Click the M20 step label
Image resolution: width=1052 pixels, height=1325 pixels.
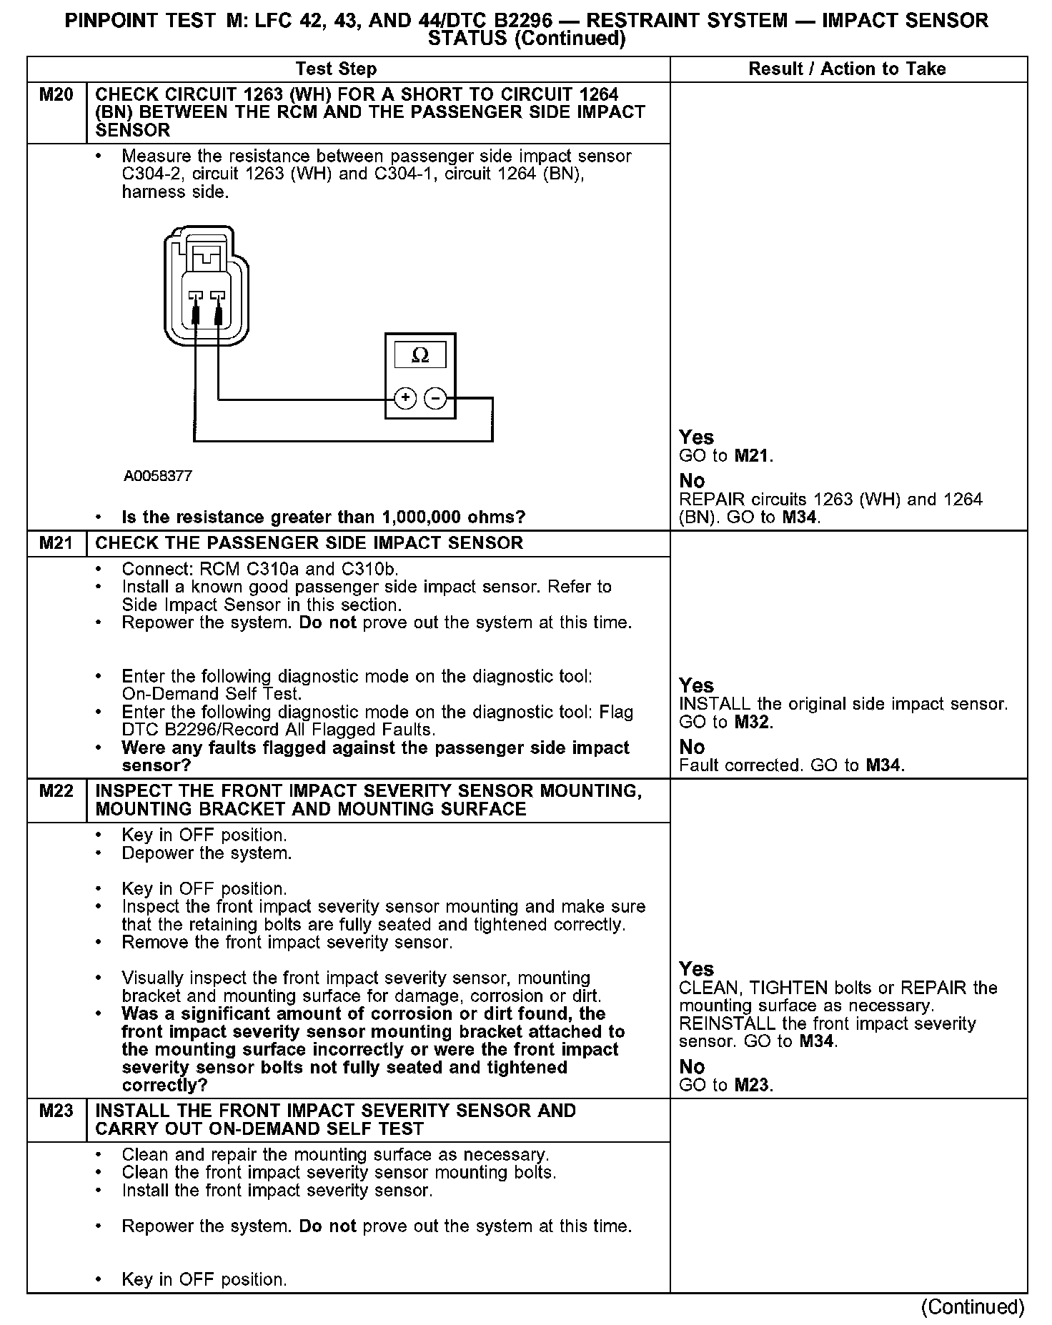pyautogui.click(x=56, y=94)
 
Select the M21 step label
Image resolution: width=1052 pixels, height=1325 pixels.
pyautogui.click(x=56, y=543)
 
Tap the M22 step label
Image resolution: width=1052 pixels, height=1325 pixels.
pyautogui.click(x=56, y=791)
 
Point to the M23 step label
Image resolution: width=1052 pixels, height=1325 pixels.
pyautogui.click(x=56, y=1111)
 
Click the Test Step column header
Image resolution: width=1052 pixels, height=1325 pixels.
pyautogui.click(x=336, y=69)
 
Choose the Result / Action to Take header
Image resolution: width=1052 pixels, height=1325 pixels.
pyautogui.click(x=847, y=69)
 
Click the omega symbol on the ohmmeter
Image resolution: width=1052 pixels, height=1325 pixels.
pyautogui.click(x=420, y=355)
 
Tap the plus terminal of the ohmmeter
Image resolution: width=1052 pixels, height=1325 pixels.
pyautogui.click(x=405, y=398)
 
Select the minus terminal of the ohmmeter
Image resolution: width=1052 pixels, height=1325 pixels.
pyautogui.click(x=435, y=398)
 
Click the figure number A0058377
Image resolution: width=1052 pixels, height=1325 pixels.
pyautogui.click(x=157, y=476)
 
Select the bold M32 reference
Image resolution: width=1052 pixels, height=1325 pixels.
pyautogui.click(x=753, y=723)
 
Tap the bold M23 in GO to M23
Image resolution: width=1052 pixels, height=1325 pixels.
pyautogui.click(x=753, y=1085)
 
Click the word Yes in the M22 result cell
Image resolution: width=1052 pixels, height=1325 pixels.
pyautogui.click(x=696, y=969)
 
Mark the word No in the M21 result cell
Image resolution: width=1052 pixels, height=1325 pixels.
pyautogui.click(x=692, y=747)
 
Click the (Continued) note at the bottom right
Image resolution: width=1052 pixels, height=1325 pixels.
pyautogui.click(x=972, y=1306)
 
